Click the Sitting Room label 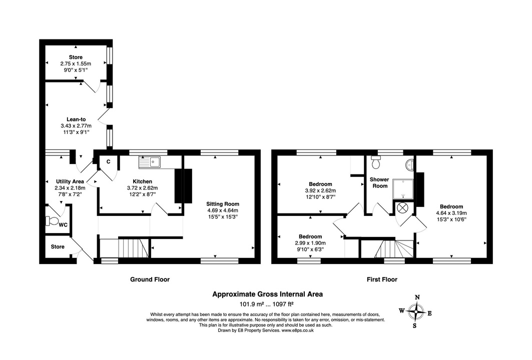coord(223,204)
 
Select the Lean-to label coord(76,119)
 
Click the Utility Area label coord(70,181)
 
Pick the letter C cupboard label coord(108,161)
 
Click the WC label coord(63,225)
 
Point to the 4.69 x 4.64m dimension coord(223,210)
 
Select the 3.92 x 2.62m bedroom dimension coord(320,190)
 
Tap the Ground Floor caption coord(150,279)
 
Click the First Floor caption coord(382,279)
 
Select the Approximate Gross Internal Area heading coord(268,294)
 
